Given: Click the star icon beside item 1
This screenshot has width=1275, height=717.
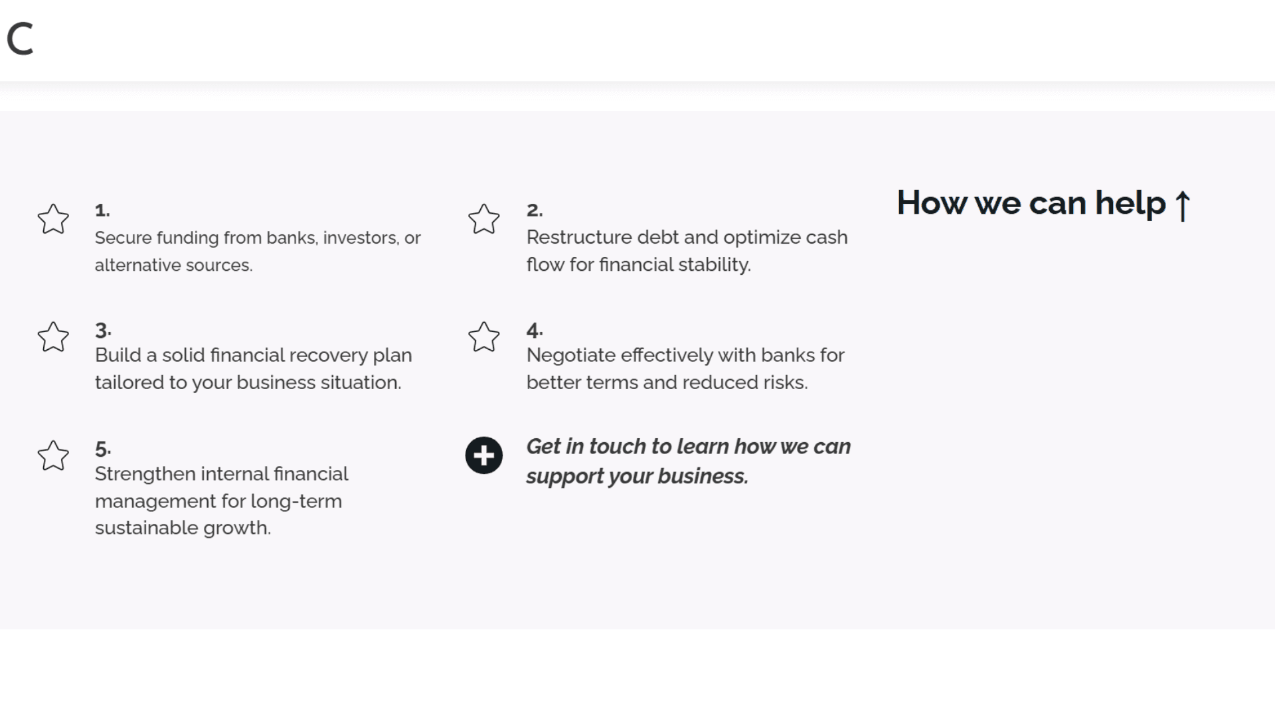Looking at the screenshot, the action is click(53, 218).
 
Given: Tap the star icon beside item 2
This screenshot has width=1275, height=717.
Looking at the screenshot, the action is click(484, 218).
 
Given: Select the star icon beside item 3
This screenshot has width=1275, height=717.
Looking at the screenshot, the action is click(53, 337).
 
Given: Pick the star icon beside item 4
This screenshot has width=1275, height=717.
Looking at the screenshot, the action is click(484, 337).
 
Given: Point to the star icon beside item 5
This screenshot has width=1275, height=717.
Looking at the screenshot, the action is click(53, 455).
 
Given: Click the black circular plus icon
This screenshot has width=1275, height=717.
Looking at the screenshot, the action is click(484, 455).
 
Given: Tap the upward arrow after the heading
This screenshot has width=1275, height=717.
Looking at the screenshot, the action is click(1183, 205).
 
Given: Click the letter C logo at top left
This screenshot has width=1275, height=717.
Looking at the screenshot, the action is click(21, 39).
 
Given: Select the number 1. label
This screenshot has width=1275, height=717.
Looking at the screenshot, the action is click(102, 210).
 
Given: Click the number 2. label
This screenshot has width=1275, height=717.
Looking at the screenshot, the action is click(535, 210).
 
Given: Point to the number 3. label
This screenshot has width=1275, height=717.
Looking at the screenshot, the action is click(103, 330).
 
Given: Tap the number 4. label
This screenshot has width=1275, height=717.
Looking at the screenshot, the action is click(535, 330).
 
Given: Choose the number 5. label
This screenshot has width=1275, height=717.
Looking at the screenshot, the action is click(103, 449).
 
